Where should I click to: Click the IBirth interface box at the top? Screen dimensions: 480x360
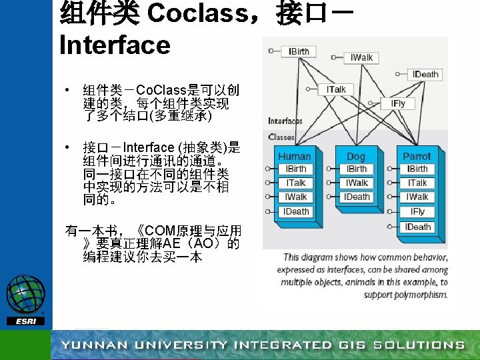tap(298, 51)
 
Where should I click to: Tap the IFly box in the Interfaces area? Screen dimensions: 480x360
tap(398, 103)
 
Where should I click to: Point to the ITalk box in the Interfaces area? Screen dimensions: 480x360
tap(335, 89)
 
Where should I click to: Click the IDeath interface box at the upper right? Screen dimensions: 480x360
tap(425, 74)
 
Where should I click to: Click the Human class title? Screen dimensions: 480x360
tap(294, 156)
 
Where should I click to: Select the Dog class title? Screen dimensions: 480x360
tap(356, 156)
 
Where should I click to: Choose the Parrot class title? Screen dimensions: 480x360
tap(417, 156)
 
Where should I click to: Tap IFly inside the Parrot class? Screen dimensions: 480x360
tap(417, 212)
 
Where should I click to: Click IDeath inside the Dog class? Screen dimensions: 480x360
tap(357, 197)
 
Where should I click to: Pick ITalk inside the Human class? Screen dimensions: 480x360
tap(295, 183)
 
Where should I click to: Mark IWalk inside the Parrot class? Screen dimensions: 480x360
tap(417, 197)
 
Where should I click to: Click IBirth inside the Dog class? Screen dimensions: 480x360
tap(357, 169)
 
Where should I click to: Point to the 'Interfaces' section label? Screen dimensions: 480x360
tap(285, 121)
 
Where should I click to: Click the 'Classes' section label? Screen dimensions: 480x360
tap(281, 137)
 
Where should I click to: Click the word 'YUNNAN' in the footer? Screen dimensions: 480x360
tap(94, 345)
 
